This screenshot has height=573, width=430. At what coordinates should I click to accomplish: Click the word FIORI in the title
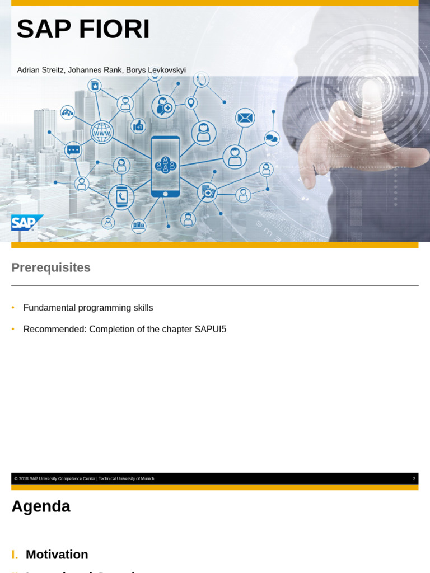click(114, 30)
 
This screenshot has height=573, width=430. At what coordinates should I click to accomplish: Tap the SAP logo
click(26, 223)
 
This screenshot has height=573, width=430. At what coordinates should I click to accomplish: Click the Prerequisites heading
click(51, 267)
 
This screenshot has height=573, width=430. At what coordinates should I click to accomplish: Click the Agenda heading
click(41, 506)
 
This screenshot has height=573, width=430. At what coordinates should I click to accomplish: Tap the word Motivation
click(57, 555)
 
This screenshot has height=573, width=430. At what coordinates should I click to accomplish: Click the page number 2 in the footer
click(414, 479)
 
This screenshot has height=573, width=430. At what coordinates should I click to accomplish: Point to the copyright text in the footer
click(85, 479)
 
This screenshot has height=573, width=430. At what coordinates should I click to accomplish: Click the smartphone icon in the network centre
click(165, 166)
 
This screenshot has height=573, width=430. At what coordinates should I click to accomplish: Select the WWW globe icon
click(102, 133)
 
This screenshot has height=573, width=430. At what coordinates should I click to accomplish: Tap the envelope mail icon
click(245, 118)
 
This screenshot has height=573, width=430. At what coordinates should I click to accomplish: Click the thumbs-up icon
click(138, 126)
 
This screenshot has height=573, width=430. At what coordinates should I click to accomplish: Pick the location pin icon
click(191, 103)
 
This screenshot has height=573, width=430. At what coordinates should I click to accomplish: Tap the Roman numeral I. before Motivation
click(15, 555)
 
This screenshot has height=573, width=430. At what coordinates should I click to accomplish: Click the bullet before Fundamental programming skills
click(13, 308)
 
